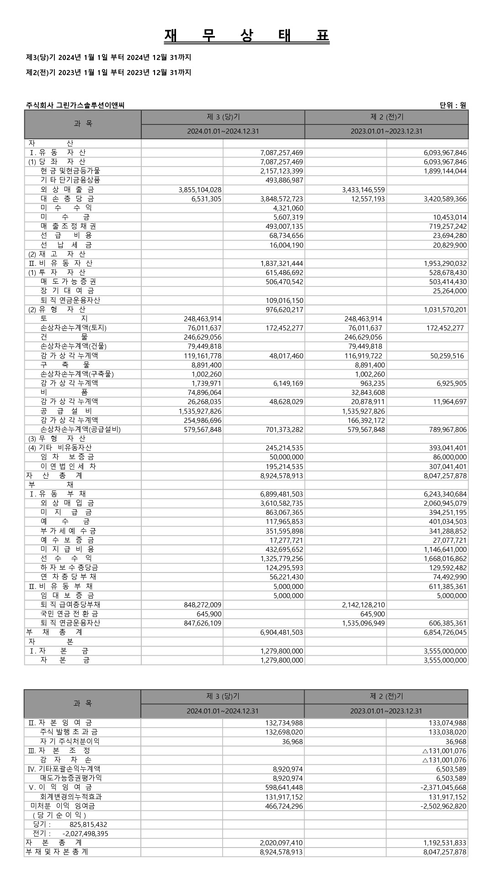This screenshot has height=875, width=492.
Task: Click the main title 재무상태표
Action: tap(246, 36)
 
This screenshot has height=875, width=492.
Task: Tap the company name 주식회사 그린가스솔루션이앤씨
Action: tap(75, 106)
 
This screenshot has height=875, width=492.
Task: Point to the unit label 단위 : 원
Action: tap(453, 106)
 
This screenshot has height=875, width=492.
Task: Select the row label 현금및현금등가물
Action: tap(70, 171)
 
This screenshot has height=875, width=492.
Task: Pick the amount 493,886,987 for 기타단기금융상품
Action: tap(284, 180)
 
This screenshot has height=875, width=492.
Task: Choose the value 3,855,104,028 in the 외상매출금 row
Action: tap(200, 189)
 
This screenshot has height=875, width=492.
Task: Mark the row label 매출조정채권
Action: tap(68, 227)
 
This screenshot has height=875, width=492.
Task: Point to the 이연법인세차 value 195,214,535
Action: tap(284, 467)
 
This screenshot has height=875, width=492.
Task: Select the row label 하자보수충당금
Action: tap(69, 568)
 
